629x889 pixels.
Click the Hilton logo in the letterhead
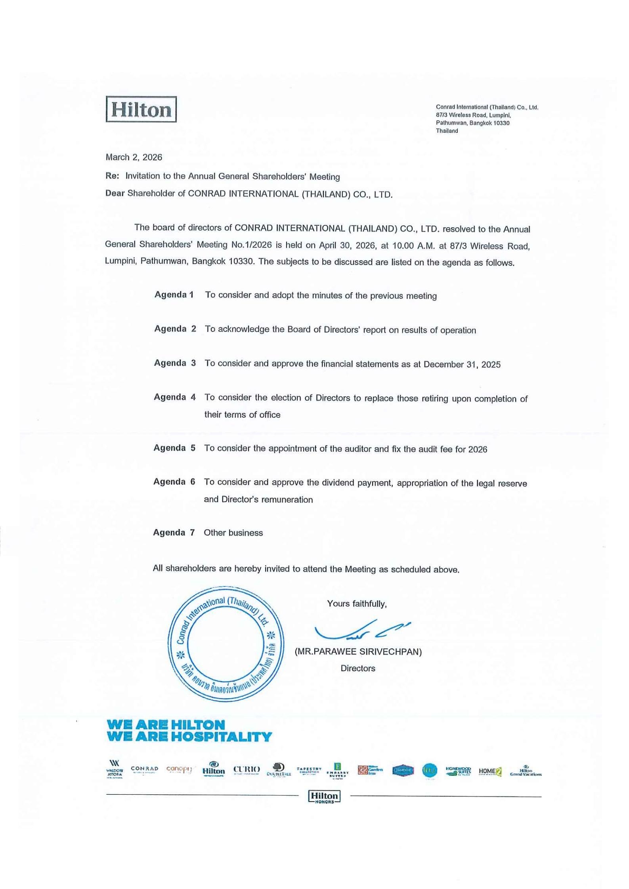tap(141, 109)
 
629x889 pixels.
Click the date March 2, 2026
tap(134, 157)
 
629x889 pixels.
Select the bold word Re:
tap(112, 176)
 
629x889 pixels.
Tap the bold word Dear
tap(115, 193)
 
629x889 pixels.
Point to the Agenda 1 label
tap(174, 295)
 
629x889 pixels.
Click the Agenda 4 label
tap(174, 397)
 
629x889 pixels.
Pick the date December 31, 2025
tap(462, 364)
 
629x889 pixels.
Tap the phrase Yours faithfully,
tap(357, 604)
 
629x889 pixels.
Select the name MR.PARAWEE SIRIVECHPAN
tap(358, 652)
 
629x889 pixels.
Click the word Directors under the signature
tap(358, 668)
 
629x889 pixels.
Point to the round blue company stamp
tap(226, 644)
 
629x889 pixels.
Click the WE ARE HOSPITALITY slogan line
tap(189, 737)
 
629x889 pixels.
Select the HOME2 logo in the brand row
tap(490, 771)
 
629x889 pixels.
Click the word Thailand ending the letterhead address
tap(447, 131)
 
